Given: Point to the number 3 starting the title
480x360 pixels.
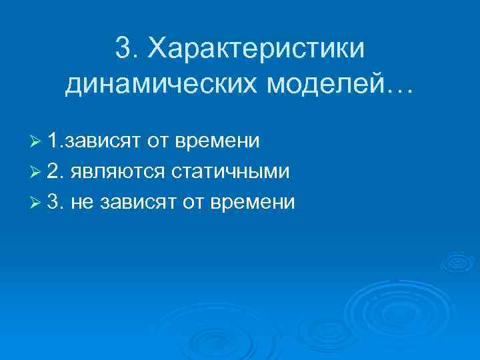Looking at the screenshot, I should [123, 47].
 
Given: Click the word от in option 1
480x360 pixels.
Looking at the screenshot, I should [157, 142].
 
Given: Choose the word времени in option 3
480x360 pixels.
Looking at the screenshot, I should [252, 203].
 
